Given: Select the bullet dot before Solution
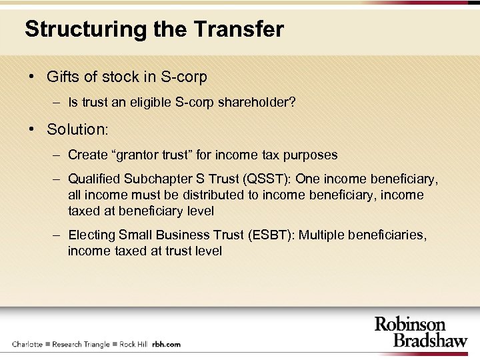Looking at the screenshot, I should click(32, 128).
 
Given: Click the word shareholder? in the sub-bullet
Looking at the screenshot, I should click(261, 103).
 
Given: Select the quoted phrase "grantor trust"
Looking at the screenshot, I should click(155, 155).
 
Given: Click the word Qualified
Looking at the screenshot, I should click(94, 179).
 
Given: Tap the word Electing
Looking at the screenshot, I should click(92, 235).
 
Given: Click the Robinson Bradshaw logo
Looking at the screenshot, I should click(419, 331).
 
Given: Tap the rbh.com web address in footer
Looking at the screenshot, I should click(166, 344).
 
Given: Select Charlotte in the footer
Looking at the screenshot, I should click(27, 344).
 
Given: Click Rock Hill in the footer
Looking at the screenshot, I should click(133, 344).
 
